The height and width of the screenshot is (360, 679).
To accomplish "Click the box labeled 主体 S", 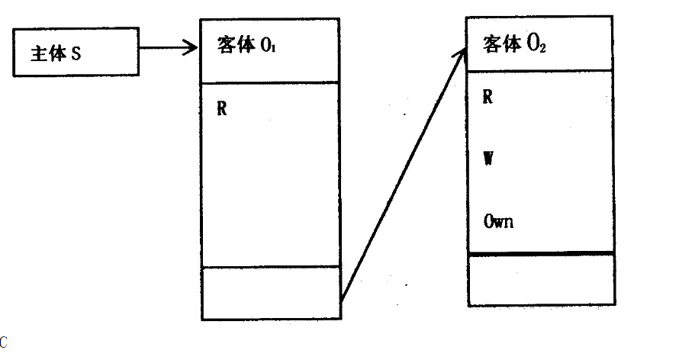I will (x=77, y=53).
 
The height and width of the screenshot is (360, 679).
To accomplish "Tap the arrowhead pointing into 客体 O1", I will (x=193, y=51).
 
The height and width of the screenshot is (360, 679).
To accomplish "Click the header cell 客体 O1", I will (x=269, y=50).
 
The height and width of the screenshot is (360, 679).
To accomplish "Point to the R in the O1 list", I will (x=222, y=108).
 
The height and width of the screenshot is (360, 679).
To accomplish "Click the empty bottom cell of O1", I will (x=269, y=292).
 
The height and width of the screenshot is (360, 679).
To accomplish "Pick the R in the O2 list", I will (x=488, y=97).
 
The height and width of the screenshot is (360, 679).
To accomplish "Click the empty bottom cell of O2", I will (x=540, y=280).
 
